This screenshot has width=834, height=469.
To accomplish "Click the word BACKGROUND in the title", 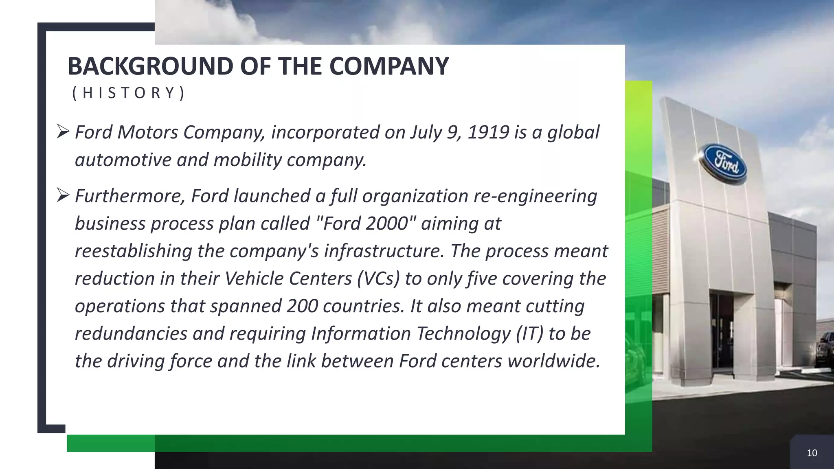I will pyautogui.click(x=150, y=66).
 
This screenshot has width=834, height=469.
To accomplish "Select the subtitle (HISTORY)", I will pyautogui.click(x=128, y=93).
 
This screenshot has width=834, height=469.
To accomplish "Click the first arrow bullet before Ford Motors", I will pyautogui.click(x=64, y=131).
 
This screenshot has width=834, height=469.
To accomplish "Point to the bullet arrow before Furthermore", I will pyautogui.click(x=64, y=195).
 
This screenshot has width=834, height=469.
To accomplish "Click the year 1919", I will pyautogui.click(x=488, y=132).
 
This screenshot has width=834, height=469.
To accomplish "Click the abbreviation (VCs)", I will pyautogui.click(x=378, y=279).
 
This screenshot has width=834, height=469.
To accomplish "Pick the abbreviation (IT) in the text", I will pyautogui.click(x=529, y=334).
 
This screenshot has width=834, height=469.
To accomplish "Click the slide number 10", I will pyautogui.click(x=812, y=453).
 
